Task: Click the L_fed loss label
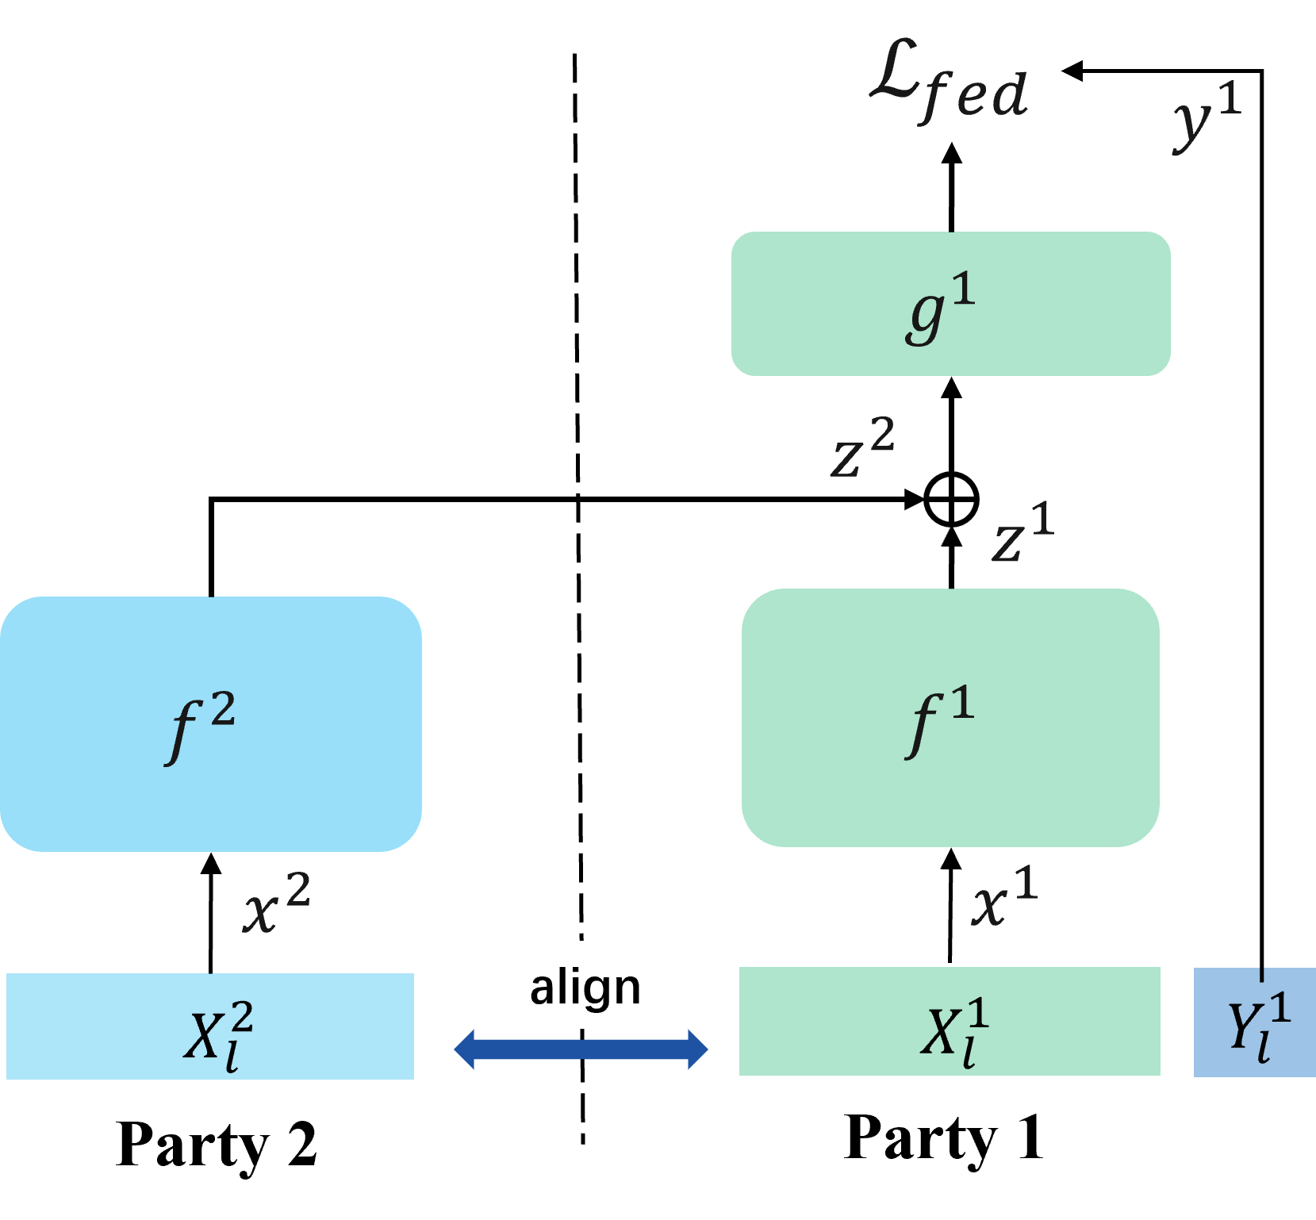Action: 948,82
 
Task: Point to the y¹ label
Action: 1207,116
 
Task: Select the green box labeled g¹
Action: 950,304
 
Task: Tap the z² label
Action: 861,449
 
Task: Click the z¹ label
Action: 1022,534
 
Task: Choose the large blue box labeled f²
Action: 210,723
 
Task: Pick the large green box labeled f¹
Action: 950,718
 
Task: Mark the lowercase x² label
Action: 275,903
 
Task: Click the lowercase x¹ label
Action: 1003,897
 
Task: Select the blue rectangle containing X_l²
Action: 210,1026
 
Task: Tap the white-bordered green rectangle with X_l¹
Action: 950,1022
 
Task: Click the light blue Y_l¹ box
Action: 1255,1023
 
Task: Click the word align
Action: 585,987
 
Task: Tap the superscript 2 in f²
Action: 223,709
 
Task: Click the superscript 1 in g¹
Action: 963,290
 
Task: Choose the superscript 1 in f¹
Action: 962,703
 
